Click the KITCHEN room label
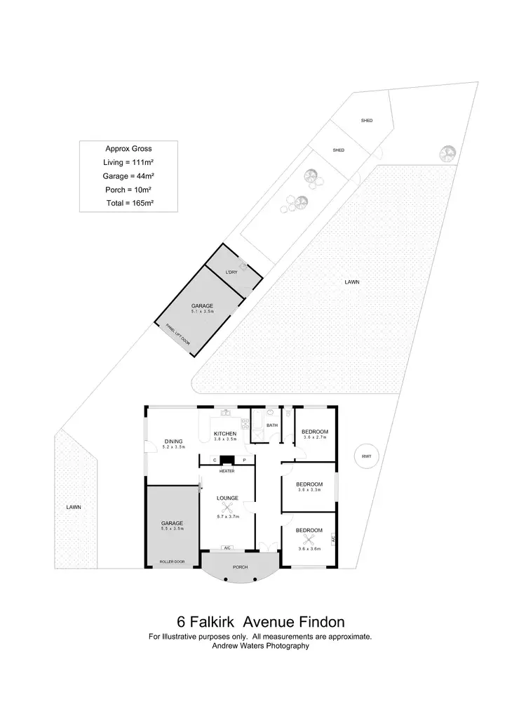pyautogui.click(x=225, y=434)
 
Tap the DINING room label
pyautogui.click(x=154, y=442)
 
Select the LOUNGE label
pyautogui.click(x=227, y=498)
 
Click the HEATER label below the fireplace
pyautogui.click(x=227, y=472)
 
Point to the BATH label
pyautogui.click(x=272, y=425)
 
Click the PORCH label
pyautogui.click(x=240, y=567)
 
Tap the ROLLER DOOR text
pyautogui.click(x=171, y=562)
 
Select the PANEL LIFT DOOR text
pyautogui.click(x=177, y=333)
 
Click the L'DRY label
pyautogui.click(x=231, y=272)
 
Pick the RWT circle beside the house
pyautogui.click(x=366, y=456)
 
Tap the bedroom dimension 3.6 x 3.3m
pyautogui.click(x=309, y=490)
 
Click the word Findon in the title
pyautogui.click(x=320, y=622)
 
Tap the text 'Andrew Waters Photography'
pyautogui.click(x=260, y=646)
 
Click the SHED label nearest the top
pyautogui.click(x=366, y=121)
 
